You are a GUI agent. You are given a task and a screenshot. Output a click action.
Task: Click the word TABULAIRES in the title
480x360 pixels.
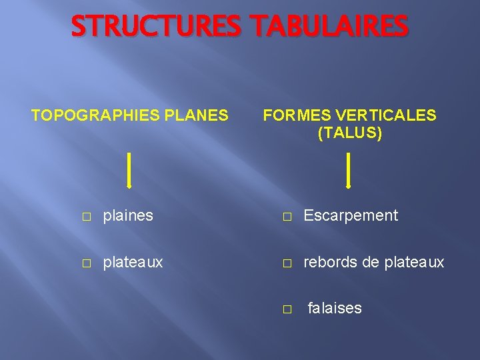[x=329, y=27]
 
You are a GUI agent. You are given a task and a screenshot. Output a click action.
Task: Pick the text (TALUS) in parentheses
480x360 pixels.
[x=350, y=133]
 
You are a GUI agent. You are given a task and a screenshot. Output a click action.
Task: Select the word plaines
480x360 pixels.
[x=127, y=215]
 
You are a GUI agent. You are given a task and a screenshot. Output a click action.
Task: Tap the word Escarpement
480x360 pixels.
[x=351, y=215]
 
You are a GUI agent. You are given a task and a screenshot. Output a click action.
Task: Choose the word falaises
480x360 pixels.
[x=335, y=308]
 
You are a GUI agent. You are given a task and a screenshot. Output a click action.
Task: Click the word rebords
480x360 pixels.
[x=329, y=263]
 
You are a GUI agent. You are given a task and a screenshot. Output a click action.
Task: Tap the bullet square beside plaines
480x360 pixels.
[x=86, y=217]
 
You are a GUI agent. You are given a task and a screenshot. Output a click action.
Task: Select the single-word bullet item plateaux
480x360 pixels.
[x=132, y=263]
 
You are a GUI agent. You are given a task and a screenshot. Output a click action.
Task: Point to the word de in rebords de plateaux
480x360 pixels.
[x=370, y=263]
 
